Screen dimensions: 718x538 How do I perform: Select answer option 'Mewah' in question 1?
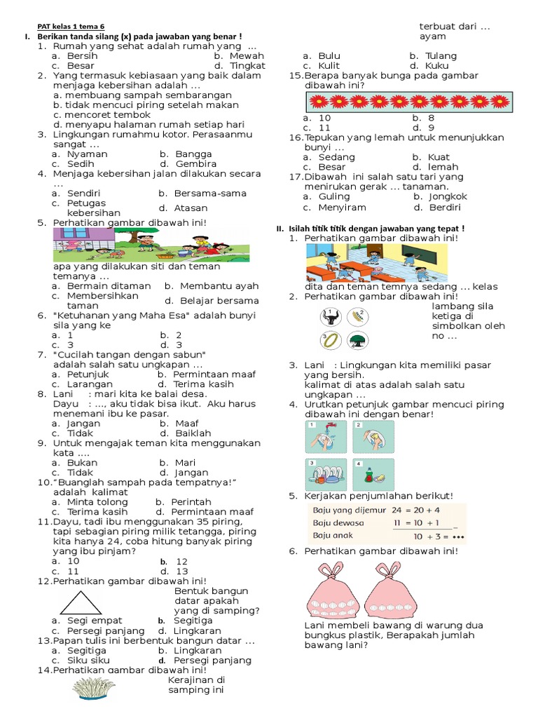244,55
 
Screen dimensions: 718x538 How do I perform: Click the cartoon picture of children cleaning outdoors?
151,244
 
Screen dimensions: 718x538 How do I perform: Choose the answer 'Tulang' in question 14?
441,55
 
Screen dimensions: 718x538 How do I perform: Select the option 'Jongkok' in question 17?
447,196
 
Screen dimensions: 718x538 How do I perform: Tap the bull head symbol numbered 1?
330,317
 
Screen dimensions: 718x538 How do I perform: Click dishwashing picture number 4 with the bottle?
373,474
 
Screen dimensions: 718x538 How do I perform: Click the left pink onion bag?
333,590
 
